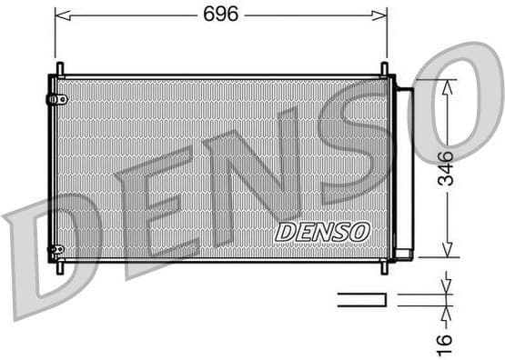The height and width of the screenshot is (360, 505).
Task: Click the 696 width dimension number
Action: tap(221, 14)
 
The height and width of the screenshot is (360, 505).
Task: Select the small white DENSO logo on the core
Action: tap(323, 232)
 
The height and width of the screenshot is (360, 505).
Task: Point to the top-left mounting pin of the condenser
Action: tap(60, 70)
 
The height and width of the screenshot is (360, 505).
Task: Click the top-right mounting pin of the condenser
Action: tap(384, 70)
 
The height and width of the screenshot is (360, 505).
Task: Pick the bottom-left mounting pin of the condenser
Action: tap(60, 266)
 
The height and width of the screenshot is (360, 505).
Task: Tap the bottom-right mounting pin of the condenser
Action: tap(384, 266)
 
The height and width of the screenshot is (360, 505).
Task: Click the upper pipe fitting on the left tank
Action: tap(60, 98)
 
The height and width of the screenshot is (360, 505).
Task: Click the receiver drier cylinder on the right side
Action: tap(404, 169)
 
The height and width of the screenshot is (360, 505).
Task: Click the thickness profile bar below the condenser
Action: tap(361, 299)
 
